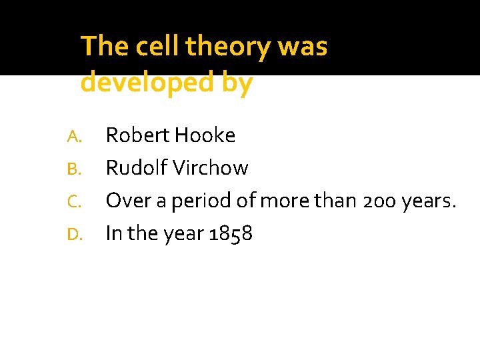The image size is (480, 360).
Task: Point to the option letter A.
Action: [74, 137]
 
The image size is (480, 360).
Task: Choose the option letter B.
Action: [74, 169]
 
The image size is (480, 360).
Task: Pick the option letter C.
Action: [74, 201]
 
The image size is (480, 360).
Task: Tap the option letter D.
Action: [74, 234]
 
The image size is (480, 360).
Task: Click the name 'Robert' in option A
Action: [137, 136]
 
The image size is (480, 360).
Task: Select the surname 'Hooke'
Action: [204, 136]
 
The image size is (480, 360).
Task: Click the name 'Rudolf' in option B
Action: [137, 168]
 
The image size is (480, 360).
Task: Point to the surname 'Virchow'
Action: [211, 168]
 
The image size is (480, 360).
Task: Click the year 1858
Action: [230, 233]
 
